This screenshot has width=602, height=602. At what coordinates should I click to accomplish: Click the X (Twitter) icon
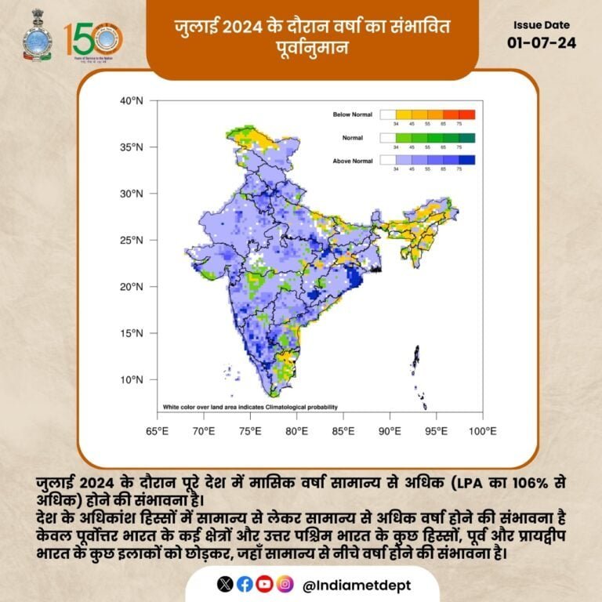click(x=226, y=584)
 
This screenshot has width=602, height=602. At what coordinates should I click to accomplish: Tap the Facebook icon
click(x=245, y=584)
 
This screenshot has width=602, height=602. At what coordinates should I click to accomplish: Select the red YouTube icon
click(x=264, y=584)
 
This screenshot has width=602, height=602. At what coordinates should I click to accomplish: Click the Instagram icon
click(x=285, y=584)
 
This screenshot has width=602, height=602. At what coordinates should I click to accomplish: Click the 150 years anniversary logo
click(x=92, y=39)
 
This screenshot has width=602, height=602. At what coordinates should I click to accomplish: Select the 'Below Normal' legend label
click(x=353, y=114)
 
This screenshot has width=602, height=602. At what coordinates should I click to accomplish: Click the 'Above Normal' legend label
click(x=353, y=160)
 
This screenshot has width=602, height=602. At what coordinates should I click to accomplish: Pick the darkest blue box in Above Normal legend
click(x=466, y=160)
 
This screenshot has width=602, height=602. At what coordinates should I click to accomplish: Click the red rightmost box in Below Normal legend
click(x=466, y=114)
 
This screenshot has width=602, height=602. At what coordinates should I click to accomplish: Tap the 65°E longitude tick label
click(x=158, y=431)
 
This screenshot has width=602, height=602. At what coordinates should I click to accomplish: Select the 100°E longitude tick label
click(x=481, y=431)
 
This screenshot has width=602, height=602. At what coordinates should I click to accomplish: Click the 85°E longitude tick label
click(x=343, y=431)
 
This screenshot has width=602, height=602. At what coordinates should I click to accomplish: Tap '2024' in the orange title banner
click(x=240, y=28)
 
